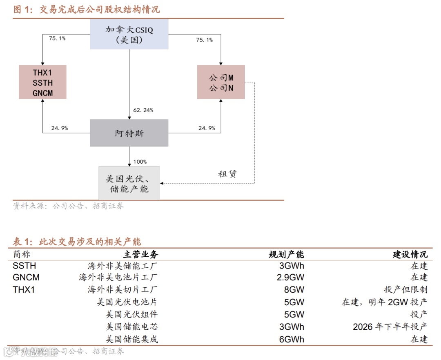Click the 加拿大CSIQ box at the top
pyautogui.click(x=129, y=35)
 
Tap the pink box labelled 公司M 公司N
pyautogui.click(x=221, y=82)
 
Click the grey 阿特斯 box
pyautogui.click(x=129, y=133)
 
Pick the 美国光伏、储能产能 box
pyautogui.click(x=129, y=184)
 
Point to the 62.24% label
pyautogui.click(x=143, y=110)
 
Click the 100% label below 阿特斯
pyautogui.click(x=140, y=162)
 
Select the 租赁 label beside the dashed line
pyautogui.click(x=227, y=174)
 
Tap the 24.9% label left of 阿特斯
pyautogui.click(x=59, y=128)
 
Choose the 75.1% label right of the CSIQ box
pyautogui.click(x=204, y=40)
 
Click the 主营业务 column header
pyautogui.click(x=140, y=255)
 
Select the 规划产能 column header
pyautogui.click(x=286, y=255)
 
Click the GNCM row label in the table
pyautogui.click(x=26, y=278)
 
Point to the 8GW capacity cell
pyautogui.click(x=294, y=290)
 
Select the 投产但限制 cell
pyautogui.click(x=405, y=290)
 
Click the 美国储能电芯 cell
pyautogui.click(x=131, y=327)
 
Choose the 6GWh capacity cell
pyautogui.click(x=292, y=339)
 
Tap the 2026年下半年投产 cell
pyautogui.click(x=390, y=327)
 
